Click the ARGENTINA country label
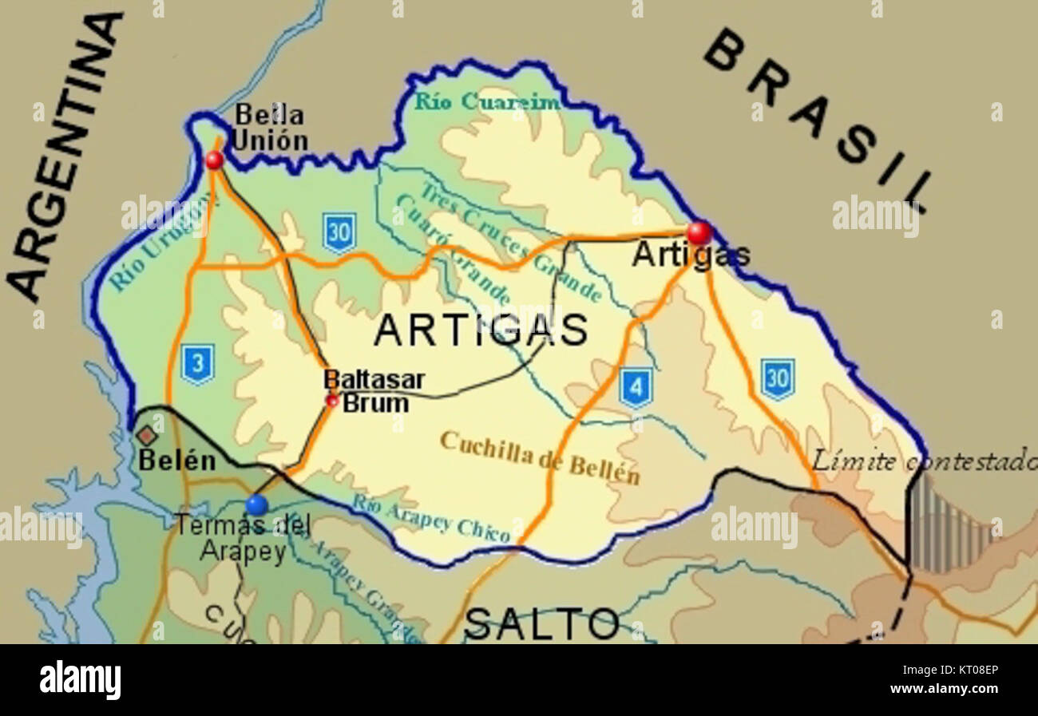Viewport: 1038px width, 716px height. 64,160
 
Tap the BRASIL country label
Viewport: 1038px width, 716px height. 818,120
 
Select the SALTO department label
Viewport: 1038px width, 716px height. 541,623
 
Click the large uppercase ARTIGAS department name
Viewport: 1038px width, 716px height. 481,330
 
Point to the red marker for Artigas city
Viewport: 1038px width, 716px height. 699,232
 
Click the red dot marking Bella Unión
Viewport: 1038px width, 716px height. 214,160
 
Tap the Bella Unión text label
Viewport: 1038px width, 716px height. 269,129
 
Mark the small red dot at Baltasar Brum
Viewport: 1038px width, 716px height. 332,401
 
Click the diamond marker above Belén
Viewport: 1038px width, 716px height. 146,436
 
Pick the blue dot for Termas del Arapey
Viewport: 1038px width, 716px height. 256,504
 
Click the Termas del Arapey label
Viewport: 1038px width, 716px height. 243,539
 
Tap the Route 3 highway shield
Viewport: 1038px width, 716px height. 197,364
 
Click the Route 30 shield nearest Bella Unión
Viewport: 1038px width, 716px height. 339,233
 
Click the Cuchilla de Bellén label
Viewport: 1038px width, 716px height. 540,457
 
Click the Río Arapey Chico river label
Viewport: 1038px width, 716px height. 431,518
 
